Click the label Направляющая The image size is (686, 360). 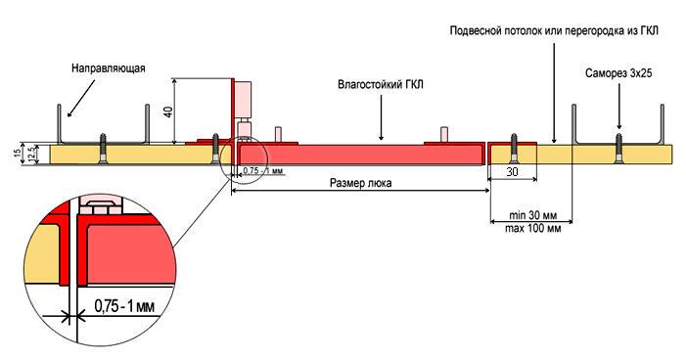pos(109,68)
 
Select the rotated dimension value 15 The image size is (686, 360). pos(17,153)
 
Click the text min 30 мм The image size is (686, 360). pos(533,214)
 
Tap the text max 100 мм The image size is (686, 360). pos(535,229)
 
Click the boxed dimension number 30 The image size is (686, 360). pos(512,170)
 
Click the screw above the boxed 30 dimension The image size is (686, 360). pos(512,147)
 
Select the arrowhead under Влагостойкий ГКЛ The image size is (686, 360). pos(382,134)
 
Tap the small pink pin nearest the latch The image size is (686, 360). pos(279,134)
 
